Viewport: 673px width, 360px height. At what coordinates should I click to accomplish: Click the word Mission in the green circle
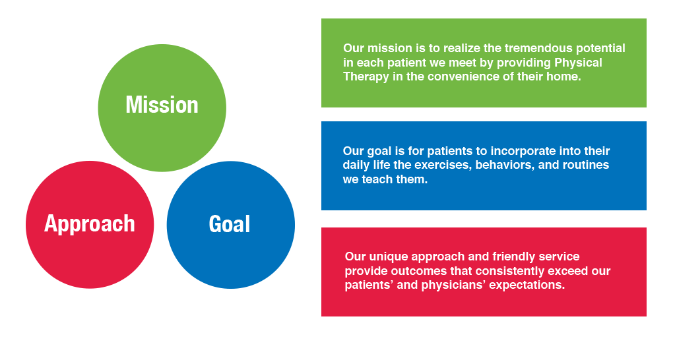pyautogui.click(x=162, y=105)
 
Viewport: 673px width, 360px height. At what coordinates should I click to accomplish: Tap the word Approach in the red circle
pyautogui.click(x=89, y=224)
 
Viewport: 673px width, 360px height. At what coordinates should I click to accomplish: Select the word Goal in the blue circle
pyautogui.click(x=229, y=224)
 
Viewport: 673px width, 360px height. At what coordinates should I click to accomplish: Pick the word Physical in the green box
pyautogui.click(x=578, y=63)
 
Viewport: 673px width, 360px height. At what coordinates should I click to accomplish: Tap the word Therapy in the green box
pyautogui.click(x=366, y=77)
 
